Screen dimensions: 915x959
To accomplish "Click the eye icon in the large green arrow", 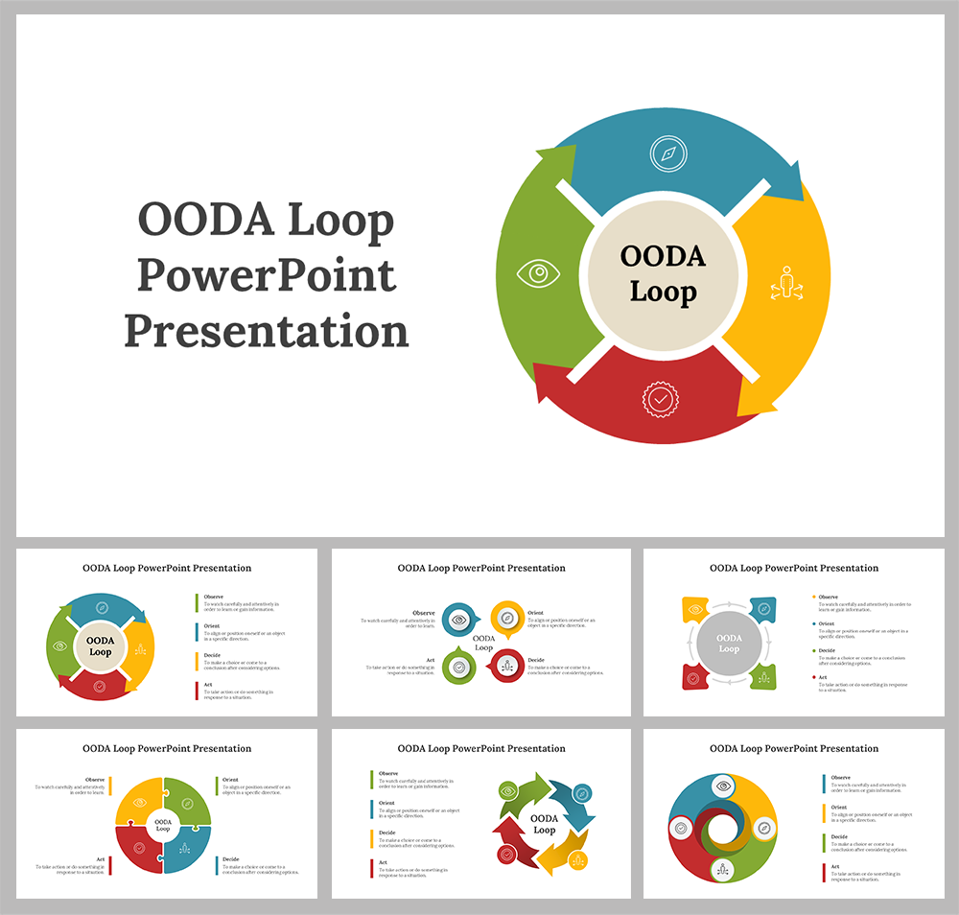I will click(538, 274).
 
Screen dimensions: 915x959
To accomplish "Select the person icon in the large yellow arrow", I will click(786, 284).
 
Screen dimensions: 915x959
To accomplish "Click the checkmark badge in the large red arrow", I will click(659, 398).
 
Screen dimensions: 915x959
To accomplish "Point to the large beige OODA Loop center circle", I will click(663, 274).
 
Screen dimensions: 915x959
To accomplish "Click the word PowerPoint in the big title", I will click(266, 276).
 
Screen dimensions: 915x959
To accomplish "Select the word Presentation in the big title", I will click(266, 332).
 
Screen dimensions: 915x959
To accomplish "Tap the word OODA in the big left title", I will click(197, 221).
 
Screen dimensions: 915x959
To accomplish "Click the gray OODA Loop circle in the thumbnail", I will click(729, 644).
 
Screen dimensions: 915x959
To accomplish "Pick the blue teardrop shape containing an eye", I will click(459, 620).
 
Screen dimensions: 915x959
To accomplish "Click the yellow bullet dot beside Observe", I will click(813, 597).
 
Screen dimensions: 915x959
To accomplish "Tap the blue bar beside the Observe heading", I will click(824, 784).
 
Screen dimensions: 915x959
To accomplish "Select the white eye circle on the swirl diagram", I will click(723, 786).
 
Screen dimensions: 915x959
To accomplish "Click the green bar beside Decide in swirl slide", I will click(824, 843).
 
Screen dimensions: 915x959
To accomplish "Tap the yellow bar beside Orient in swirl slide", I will click(824, 813).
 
